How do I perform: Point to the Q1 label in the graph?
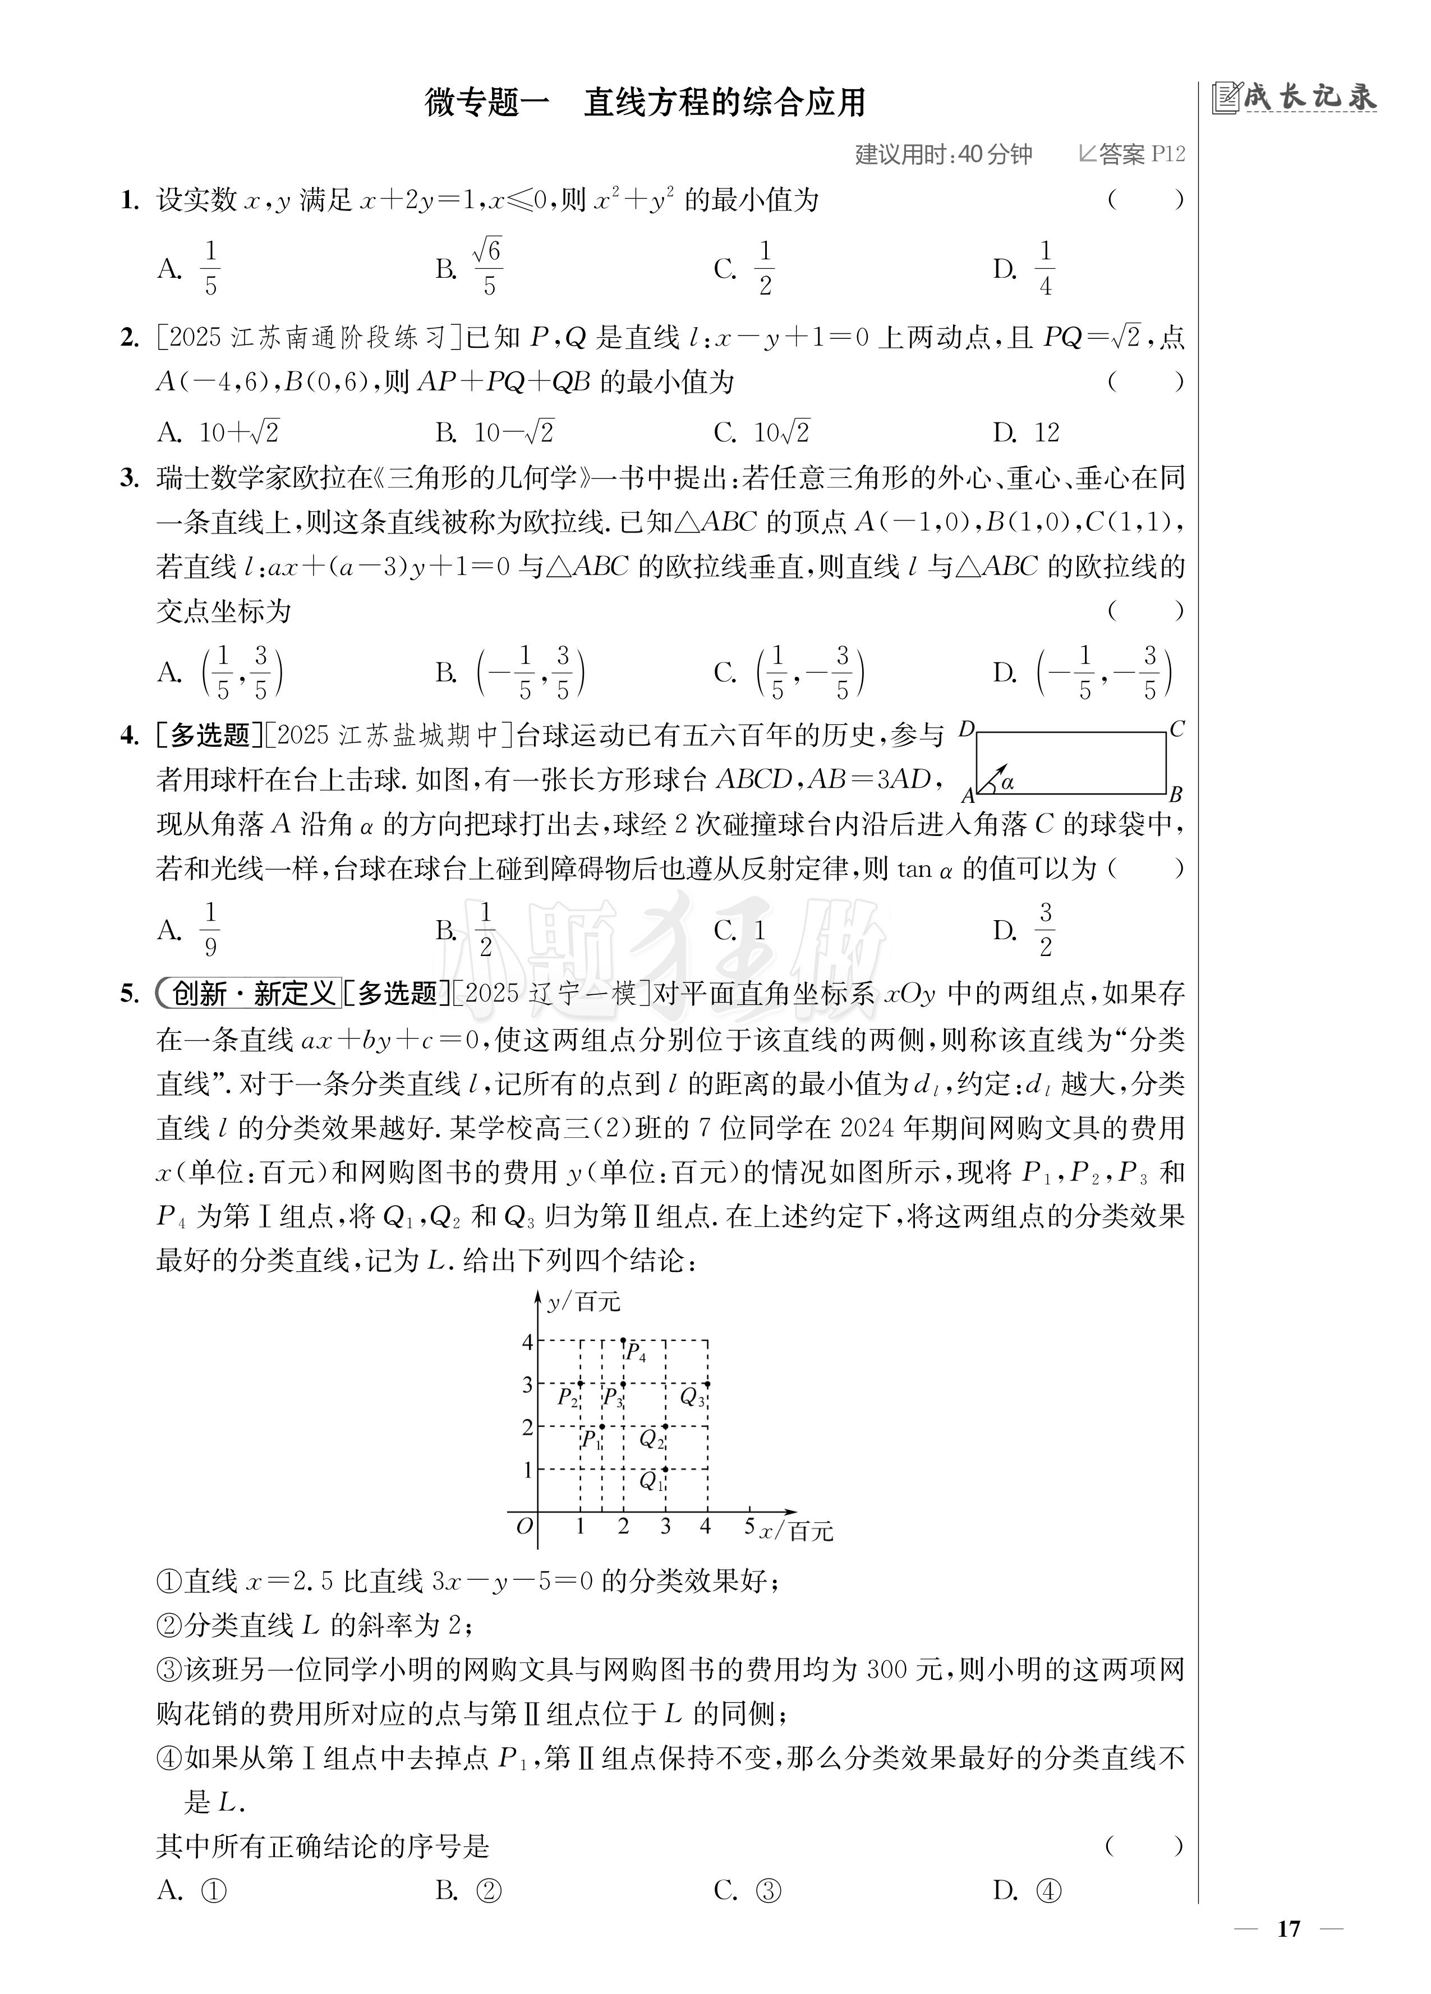point(651,1481)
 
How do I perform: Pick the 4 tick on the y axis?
point(527,1341)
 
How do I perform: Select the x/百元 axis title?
point(797,1531)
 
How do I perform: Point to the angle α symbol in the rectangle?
point(1007,781)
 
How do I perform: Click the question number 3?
point(130,479)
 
